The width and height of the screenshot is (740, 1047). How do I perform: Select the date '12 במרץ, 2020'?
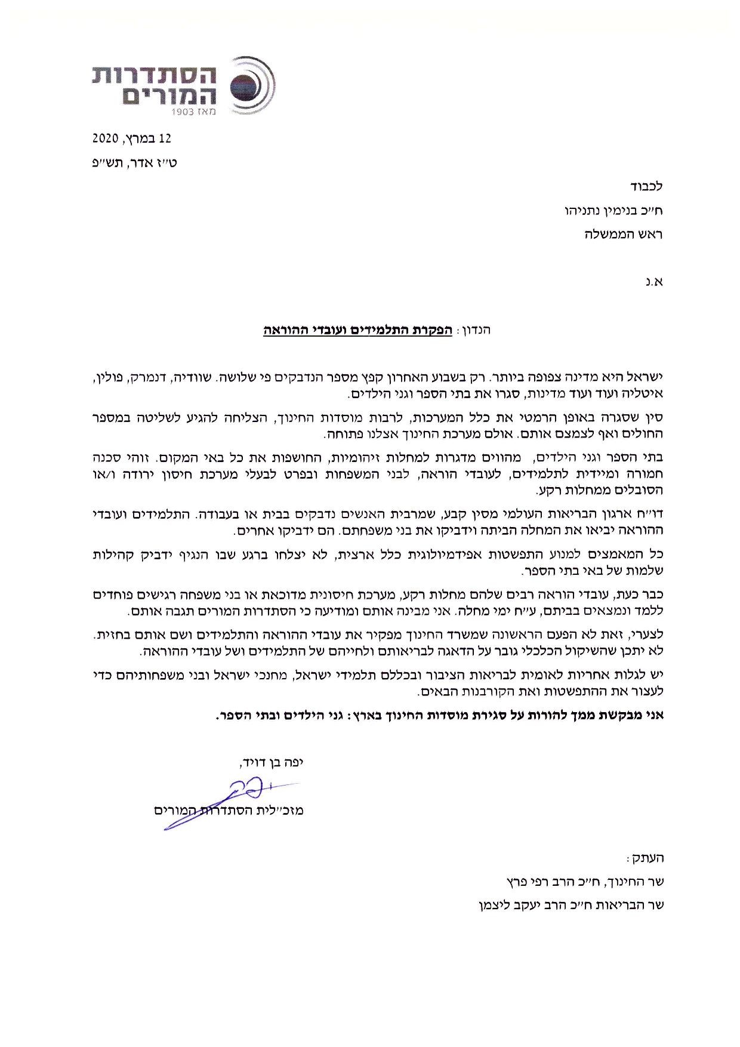point(131,138)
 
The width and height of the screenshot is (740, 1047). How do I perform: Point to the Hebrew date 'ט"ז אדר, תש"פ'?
point(135,162)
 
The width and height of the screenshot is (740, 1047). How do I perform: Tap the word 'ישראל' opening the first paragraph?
point(647,378)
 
